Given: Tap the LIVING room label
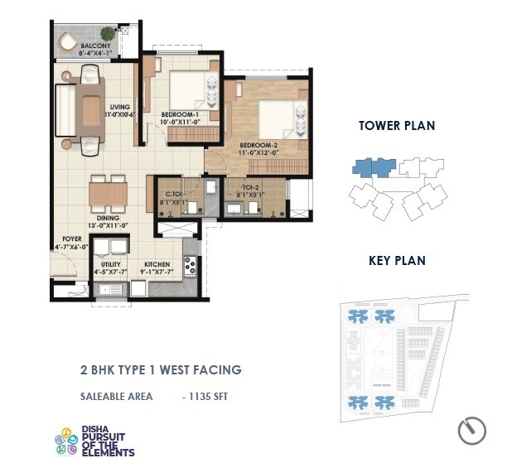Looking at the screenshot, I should click(120, 107).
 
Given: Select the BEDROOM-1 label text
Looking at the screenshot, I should click(180, 113).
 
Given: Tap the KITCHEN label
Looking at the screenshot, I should click(157, 264).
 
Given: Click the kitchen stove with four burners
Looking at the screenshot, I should click(190, 266).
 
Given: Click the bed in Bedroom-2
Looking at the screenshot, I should click(277, 118).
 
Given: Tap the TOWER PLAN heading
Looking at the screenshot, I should click(396, 126).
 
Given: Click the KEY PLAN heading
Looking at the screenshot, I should click(397, 260).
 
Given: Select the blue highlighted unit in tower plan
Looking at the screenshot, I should click(373, 167).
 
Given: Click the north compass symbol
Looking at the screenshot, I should click(472, 430).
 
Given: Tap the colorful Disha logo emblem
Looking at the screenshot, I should click(65, 441).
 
